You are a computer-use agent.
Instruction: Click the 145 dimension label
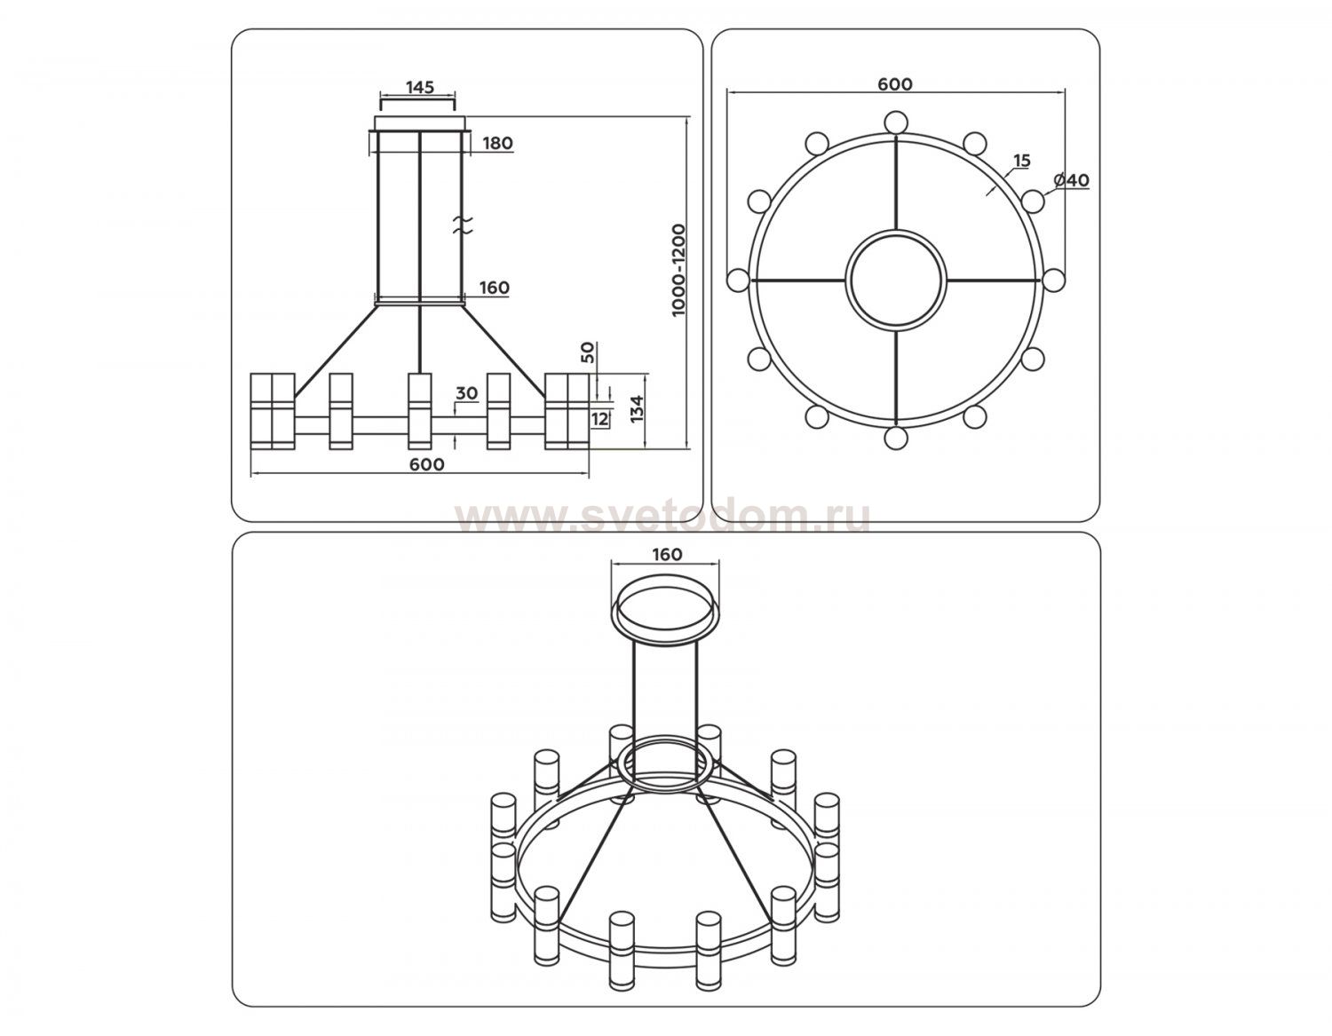tap(419, 87)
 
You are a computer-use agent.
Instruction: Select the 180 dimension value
tap(497, 143)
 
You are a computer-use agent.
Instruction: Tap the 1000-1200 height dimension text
tap(678, 270)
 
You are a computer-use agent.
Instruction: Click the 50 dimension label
tap(587, 353)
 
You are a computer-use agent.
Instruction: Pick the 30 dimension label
tap(466, 393)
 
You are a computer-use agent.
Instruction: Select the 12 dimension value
tap(600, 420)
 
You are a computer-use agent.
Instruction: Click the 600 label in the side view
tap(426, 464)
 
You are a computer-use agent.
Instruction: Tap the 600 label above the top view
tap(895, 84)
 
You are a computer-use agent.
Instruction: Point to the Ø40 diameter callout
tap(1071, 180)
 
